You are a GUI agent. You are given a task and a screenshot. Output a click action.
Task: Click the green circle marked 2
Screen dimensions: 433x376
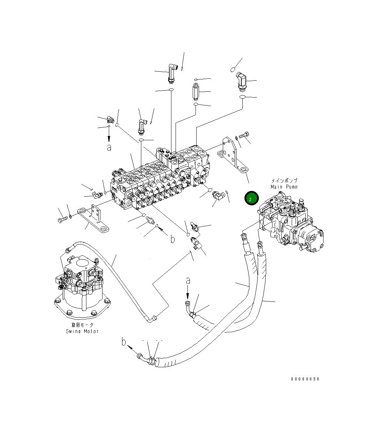point(251,198)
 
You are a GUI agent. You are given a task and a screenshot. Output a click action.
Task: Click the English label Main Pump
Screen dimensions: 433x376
point(284,187)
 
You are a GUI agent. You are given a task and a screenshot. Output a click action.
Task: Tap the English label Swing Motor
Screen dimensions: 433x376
point(82,331)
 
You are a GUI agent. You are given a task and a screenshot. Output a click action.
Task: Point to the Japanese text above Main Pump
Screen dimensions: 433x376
point(284,181)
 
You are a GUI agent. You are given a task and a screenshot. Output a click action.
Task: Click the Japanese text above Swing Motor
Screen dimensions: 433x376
point(82,325)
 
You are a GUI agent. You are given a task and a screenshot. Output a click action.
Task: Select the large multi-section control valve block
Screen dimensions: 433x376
point(161,178)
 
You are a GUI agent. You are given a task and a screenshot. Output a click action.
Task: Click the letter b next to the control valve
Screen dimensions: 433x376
point(172,239)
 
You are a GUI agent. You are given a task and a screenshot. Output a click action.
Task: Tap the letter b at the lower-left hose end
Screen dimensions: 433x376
point(123,342)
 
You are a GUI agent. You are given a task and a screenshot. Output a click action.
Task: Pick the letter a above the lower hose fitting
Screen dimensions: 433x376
point(188,280)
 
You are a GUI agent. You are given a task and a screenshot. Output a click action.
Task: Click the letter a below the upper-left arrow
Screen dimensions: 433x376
point(109,148)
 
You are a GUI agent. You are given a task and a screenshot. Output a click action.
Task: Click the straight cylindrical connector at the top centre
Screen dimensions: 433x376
point(196,92)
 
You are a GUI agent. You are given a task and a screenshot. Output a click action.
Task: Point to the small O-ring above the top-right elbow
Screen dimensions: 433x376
point(233,70)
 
